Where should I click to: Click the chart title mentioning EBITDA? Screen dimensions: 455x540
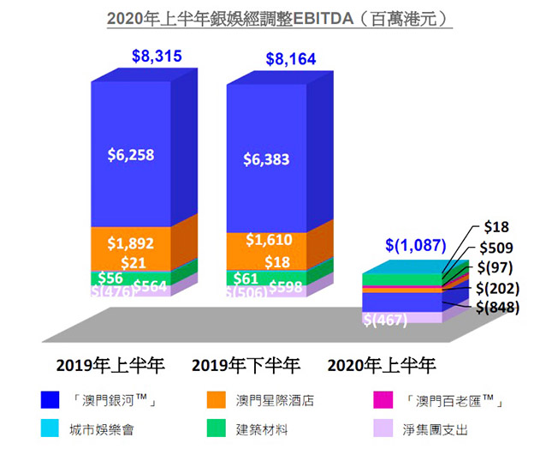tap(269, 17)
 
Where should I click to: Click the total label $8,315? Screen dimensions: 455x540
tap(157, 57)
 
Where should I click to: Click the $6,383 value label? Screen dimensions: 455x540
tap(266, 159)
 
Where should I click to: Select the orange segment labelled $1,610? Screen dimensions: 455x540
tap(266, 241)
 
